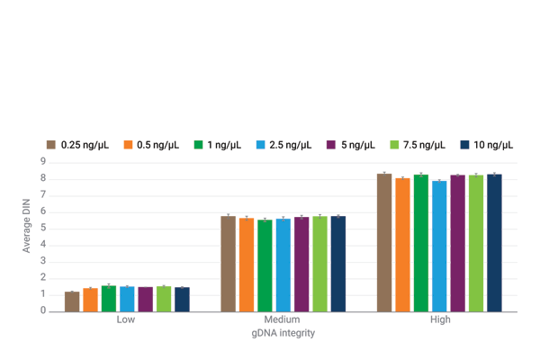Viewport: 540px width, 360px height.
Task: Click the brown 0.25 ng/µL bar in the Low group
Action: click(72, 301)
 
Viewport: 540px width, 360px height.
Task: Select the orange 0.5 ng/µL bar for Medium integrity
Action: click(247, 265)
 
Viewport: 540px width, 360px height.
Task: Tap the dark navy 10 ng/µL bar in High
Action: click(494, 243)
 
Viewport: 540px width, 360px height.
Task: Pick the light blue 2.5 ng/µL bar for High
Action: click(439, 246)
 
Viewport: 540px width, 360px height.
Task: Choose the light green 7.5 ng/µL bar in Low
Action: click(164, 299)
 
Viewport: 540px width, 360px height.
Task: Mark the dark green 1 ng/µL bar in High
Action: click(421, 243)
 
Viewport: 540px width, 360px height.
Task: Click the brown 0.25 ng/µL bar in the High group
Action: click(384, 242)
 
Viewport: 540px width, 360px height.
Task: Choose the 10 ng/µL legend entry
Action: click(493, 145)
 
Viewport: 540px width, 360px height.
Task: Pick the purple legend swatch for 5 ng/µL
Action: click(331, 145)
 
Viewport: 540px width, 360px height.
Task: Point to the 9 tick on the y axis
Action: click(42, 162)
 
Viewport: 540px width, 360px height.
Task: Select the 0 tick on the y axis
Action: click(42, 311)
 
